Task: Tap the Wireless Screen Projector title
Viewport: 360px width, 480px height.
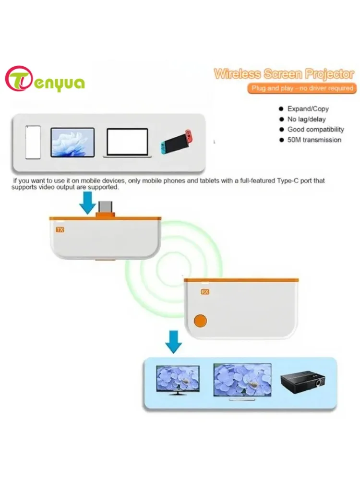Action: click(284, 74)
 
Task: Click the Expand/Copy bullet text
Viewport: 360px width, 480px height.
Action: click(308, 109)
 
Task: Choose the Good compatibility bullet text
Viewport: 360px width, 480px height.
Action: click(315, 130)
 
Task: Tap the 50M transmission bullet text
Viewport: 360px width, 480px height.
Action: click(314, 140)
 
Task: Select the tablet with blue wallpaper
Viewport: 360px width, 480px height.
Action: click(72, 142)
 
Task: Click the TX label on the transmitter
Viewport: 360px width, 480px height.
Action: click(60, 230)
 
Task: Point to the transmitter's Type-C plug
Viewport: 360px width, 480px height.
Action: click(106, 208)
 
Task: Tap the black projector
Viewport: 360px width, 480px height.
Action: click(302, 382)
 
